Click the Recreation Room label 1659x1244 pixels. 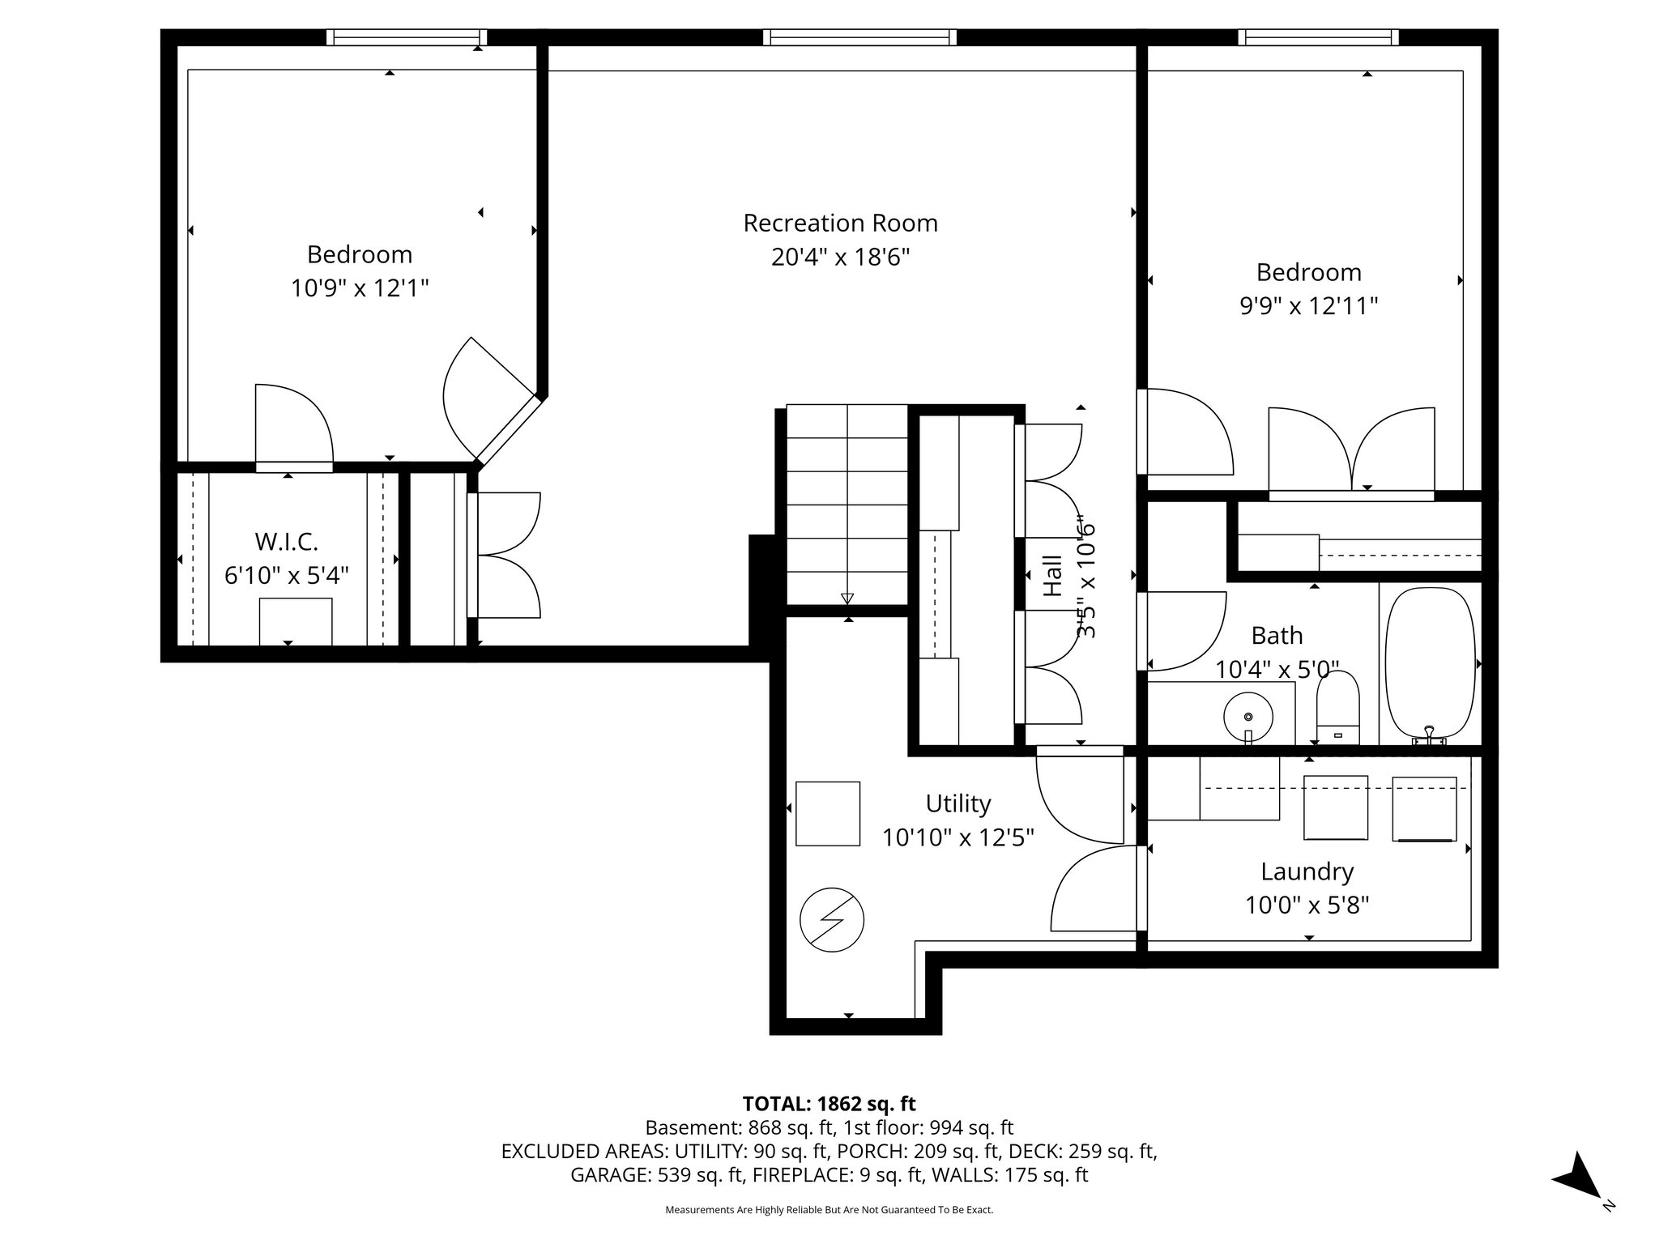(840, 223)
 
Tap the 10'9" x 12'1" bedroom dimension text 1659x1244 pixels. (360, 288)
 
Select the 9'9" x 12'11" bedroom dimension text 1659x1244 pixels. (1309, 306)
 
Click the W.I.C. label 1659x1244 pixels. (286, 541)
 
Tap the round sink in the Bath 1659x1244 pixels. (1247, 717)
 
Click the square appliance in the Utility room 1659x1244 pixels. (828, 813)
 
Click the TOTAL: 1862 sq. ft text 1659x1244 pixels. (829, 1104)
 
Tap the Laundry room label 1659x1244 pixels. (1307, 871)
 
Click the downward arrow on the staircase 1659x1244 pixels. (847, 599)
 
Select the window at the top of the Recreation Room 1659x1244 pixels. (859, 37)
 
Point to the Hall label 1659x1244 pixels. (1051, 576)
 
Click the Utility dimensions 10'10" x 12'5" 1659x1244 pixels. (958, 837)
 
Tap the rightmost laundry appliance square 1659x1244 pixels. (1424, 808)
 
